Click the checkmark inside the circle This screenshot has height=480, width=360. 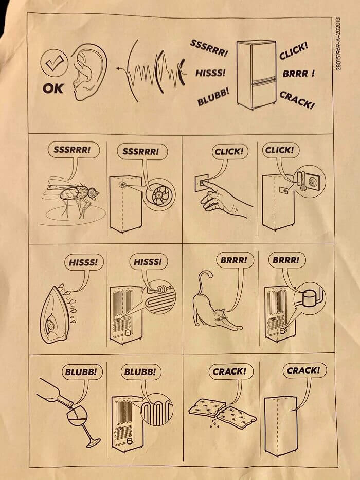(x=55, y=62)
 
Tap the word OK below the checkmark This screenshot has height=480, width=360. (x=53, y=88)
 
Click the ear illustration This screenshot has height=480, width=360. (x=89, y=72)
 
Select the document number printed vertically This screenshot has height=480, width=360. (x=338, y=43)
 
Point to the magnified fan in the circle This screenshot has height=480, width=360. (x=159, y=194)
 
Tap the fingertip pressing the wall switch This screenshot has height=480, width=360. (x=204, y=183)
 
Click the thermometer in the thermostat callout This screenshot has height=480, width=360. (x=302, y=181)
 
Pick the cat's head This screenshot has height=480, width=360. (x=219, y=315)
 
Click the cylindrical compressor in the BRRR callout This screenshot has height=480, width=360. (x=310, y=297)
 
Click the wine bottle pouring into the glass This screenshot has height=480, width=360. (x=55, y=392)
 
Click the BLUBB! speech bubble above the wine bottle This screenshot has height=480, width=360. (x=81, y=372)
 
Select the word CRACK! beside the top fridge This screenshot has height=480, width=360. (x=297, y=100)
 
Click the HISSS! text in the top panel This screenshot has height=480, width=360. (x=210, y=73)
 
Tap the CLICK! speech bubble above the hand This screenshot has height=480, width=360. (x=229, y=152)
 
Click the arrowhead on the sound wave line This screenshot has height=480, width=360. (x=118, y=69)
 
